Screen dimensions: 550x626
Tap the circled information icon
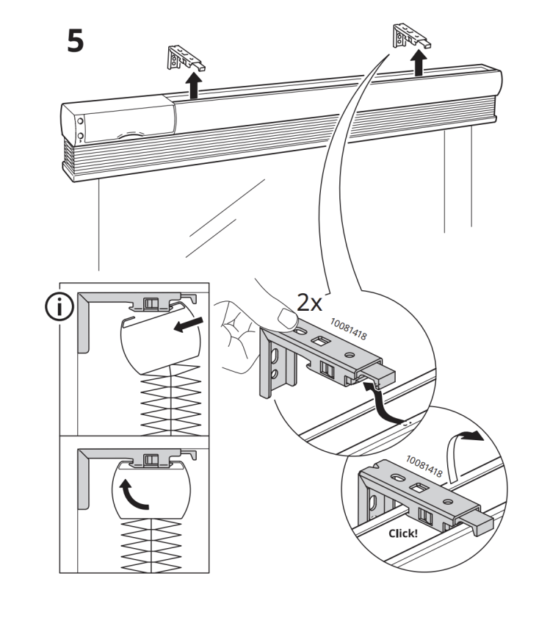(59, 307)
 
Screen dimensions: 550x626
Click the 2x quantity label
(309, 303)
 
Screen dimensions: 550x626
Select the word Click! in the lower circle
(402, 533)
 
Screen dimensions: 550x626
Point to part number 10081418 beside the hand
(348, 329)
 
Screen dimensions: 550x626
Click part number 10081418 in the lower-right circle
(424, 467)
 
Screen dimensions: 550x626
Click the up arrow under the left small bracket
(195, 85)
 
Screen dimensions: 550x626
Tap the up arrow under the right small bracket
(419, 62)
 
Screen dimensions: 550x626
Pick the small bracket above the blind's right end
(411, 36)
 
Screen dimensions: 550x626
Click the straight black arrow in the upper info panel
(189, 325)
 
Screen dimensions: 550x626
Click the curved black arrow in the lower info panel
(133, 494)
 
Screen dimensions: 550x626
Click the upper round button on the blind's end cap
(80, 121)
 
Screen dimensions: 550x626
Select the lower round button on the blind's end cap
(80, 136)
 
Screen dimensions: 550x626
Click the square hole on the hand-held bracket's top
(319, 342)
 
